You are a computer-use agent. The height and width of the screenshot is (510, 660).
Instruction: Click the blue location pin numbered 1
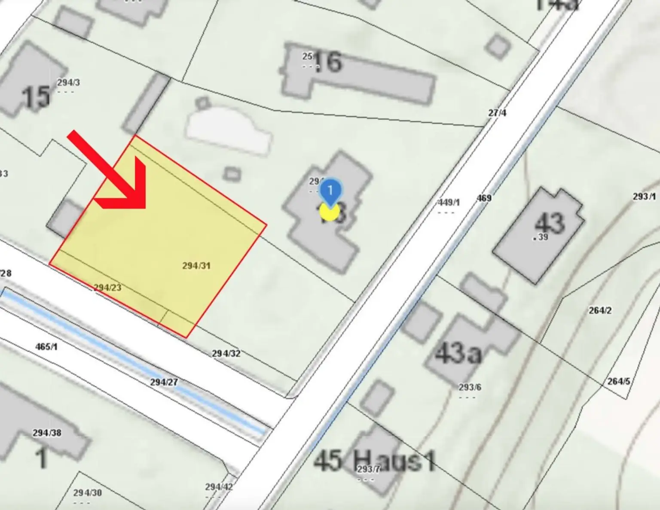330,191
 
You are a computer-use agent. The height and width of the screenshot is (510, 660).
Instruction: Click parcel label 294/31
196,266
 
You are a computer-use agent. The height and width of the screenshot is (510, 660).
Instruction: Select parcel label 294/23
107,288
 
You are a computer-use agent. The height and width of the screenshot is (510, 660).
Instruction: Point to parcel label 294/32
226,354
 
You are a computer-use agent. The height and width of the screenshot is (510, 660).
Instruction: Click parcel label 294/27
164,382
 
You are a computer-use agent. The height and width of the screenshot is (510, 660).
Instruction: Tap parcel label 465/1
46,346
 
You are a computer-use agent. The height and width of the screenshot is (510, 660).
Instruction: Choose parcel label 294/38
47,433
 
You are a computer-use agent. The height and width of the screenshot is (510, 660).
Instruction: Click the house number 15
36,97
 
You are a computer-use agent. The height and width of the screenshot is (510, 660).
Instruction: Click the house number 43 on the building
550,223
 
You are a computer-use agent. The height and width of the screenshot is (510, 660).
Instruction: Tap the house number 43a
458,353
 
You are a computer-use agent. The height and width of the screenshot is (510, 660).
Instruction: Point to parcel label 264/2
600,310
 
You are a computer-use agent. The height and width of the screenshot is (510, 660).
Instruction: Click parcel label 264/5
619,381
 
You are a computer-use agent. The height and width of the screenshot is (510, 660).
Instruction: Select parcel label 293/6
470,387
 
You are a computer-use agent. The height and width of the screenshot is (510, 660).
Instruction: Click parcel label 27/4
497,113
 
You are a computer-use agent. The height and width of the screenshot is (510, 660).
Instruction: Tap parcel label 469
484,198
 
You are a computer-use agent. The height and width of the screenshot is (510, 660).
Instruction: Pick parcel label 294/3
68,82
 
